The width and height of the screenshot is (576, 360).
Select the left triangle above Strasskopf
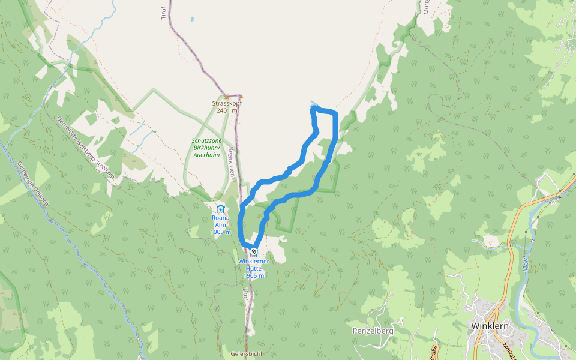coord(226,96)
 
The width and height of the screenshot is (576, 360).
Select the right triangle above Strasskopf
coord(241,96)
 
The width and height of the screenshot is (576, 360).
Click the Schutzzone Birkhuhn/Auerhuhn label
coord(206,148)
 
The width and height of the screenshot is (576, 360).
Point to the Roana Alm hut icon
coord(220,209)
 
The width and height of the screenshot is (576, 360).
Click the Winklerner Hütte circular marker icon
coord(254,251)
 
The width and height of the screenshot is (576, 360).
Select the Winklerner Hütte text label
coord(254,265)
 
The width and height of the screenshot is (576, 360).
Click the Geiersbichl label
coord(247,354)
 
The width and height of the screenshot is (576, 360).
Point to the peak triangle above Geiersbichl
coord(247,347)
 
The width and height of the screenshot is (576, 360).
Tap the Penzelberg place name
coord(373,331)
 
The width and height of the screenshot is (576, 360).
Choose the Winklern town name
coord(490,326)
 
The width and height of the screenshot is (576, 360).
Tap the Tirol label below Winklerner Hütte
coord(245,294)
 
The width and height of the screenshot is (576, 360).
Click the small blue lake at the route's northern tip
coord(311,103)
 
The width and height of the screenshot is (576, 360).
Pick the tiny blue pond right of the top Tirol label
coord(192,19)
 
